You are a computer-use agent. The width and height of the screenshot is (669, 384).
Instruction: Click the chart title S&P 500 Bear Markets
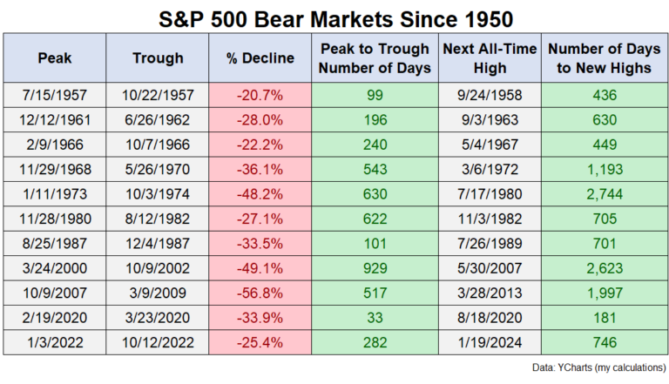[334, 17]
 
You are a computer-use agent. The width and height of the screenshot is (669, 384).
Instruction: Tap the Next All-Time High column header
[490, 58]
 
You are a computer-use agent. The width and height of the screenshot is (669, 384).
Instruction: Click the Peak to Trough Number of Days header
[375, 58]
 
